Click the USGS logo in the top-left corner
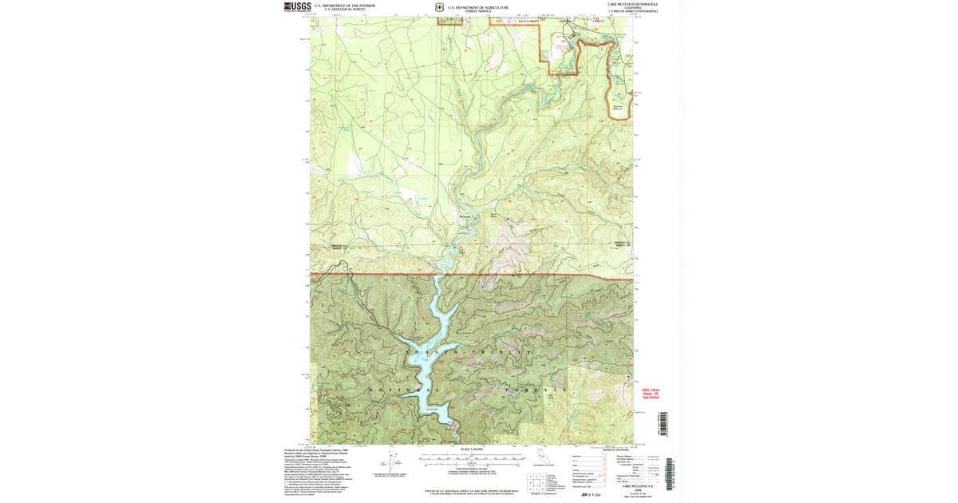click(x=298, y=6)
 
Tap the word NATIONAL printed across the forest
click(x=402, y=390)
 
